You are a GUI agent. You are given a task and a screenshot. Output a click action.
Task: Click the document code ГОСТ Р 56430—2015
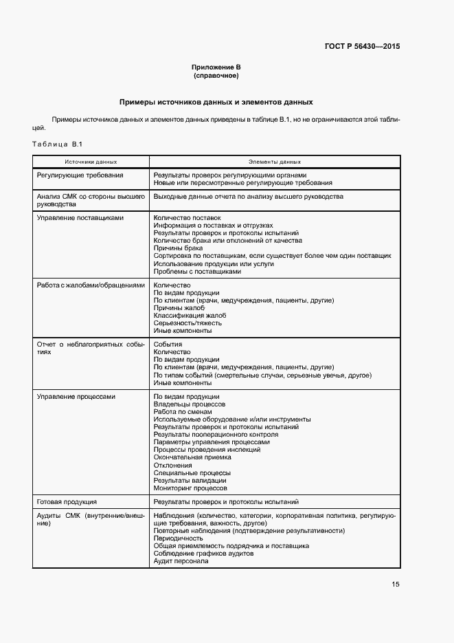(x=361, y=47)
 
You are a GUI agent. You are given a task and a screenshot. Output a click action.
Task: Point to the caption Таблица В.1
(x=57, y=144)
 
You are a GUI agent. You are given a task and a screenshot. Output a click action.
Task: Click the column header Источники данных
(x=91, y=162)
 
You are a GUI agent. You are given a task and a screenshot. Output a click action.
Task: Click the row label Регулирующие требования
(x=80, y=175)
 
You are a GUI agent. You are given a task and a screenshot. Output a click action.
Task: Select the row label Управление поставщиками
(x=80, y=217)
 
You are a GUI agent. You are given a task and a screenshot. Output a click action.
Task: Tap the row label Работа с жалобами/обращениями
(x=91, y=285)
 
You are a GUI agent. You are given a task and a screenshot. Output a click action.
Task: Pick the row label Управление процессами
(x=76, y=396)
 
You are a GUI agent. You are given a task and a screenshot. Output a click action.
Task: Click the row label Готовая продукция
(x=67, y=502)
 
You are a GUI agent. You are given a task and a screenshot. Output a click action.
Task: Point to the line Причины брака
(x=174, y=248)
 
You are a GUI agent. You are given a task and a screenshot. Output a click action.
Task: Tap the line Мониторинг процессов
(x=190, y=488)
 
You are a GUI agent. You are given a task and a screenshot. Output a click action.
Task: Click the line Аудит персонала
(x=181, y=560)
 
